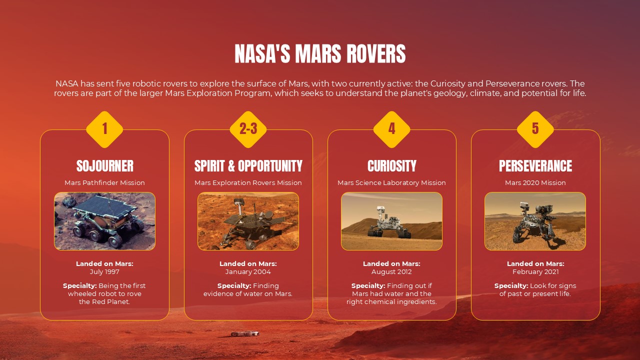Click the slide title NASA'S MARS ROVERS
coord(320,54)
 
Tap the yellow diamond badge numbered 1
coord(104,129)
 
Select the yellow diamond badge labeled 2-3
coord(248,129)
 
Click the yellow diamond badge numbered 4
coord(391,129)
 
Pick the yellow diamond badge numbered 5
coord(535,129)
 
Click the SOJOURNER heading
coord(104,166)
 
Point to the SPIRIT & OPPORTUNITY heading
coord(248,166)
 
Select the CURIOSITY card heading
coord(391,166)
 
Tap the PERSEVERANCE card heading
coord(535,166)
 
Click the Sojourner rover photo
coord(104,221)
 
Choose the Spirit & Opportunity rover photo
coord(248,221)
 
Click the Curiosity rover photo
coord(391,221)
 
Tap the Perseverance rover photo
coord(535,221)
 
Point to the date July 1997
coord(104,272)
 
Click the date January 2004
coord(248,272)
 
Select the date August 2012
coord(391,272)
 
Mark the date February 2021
coord(535,272)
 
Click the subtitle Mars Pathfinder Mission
coord(104,183)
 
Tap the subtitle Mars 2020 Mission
coord(535,183)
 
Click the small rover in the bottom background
coord(245,333)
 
